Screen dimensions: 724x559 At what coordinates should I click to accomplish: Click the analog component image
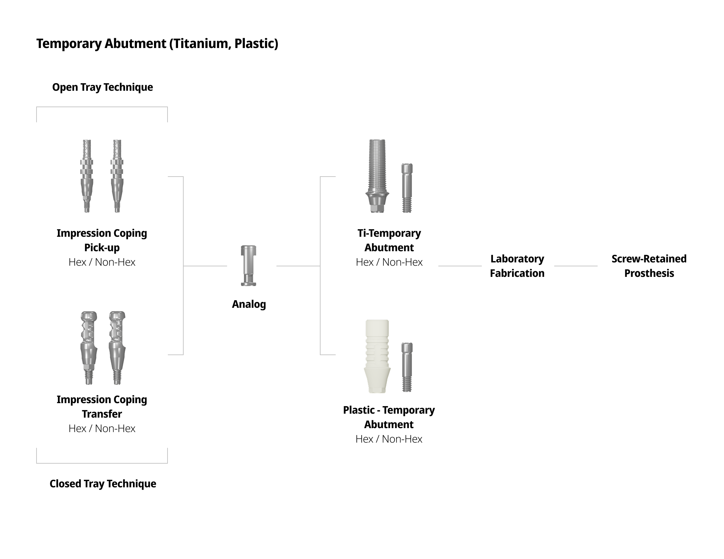pyautogui.click(x=248, y=266)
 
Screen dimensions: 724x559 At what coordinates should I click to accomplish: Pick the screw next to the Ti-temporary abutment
pyautogui.click(x=407, y=188)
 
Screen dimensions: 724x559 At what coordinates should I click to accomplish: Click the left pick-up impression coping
pyautogui.click(x=87, y=176)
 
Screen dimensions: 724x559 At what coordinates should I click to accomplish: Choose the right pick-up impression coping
pyautogui.click(x=117, y=176)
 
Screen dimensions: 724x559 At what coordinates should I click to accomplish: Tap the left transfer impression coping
pyautogui.click(x=89, y=348)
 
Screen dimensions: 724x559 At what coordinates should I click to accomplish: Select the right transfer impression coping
pyautogui.click(x=117, y=348)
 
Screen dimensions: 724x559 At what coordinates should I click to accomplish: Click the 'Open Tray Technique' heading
pyautogui.click(x=102, y=87)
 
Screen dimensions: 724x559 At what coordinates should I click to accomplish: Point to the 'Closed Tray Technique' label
pyautogui.click(x=103, y=483)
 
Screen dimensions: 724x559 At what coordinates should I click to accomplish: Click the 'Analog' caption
pyautogui.click(x=248, y=304)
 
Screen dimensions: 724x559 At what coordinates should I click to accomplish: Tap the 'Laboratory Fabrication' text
pyautogui.click(x=517, y=266)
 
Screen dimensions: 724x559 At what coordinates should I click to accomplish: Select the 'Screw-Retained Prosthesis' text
pyautogui.click(x=649, y=266)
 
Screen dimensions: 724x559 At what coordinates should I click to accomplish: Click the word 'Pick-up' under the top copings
pyautogui.click(x=102, y=248)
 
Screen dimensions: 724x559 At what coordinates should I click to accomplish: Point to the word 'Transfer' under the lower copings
pyautogui.click(x=102, y=414)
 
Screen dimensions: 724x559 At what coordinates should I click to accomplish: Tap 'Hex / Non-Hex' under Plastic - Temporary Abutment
pyautogui.click(x=389, y=439)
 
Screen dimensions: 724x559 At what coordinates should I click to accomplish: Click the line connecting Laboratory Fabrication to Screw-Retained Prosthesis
pyautogui.click(x=576, y=266)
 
